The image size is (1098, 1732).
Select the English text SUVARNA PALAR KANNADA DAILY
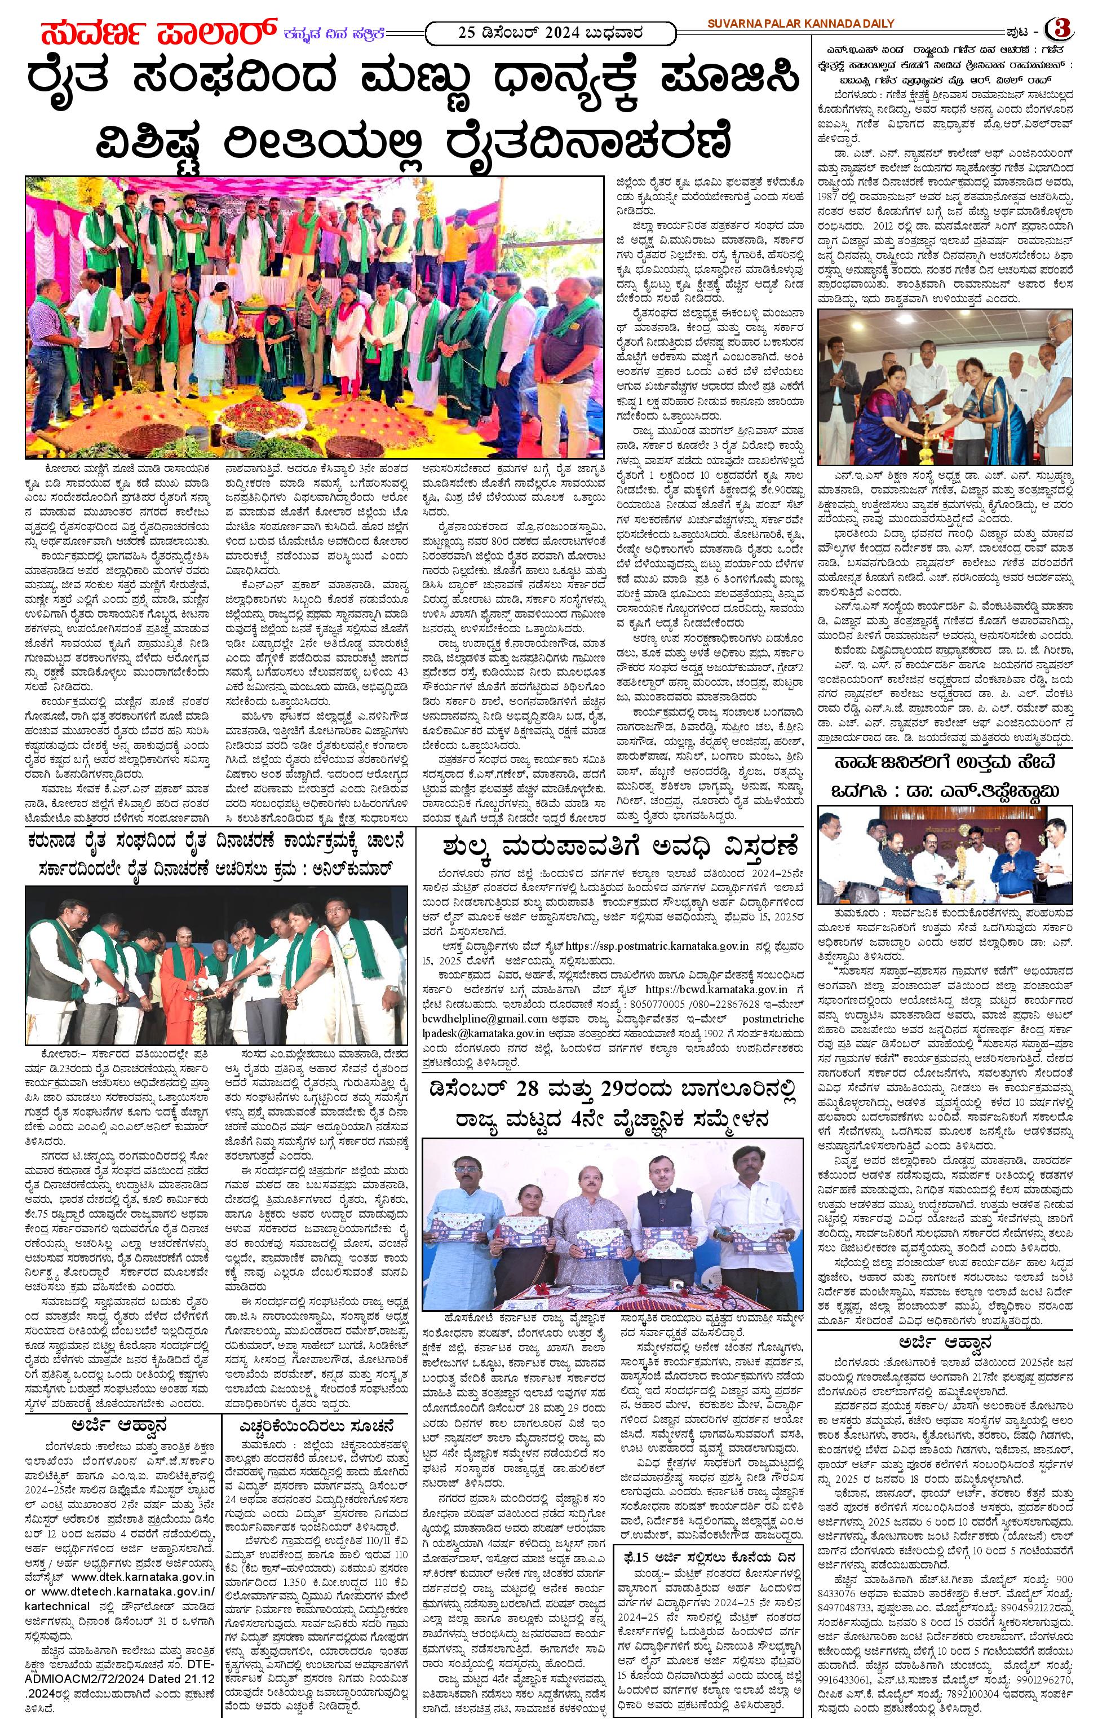coord(800,24)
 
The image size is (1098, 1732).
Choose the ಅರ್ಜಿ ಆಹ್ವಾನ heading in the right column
coord(945,1343)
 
